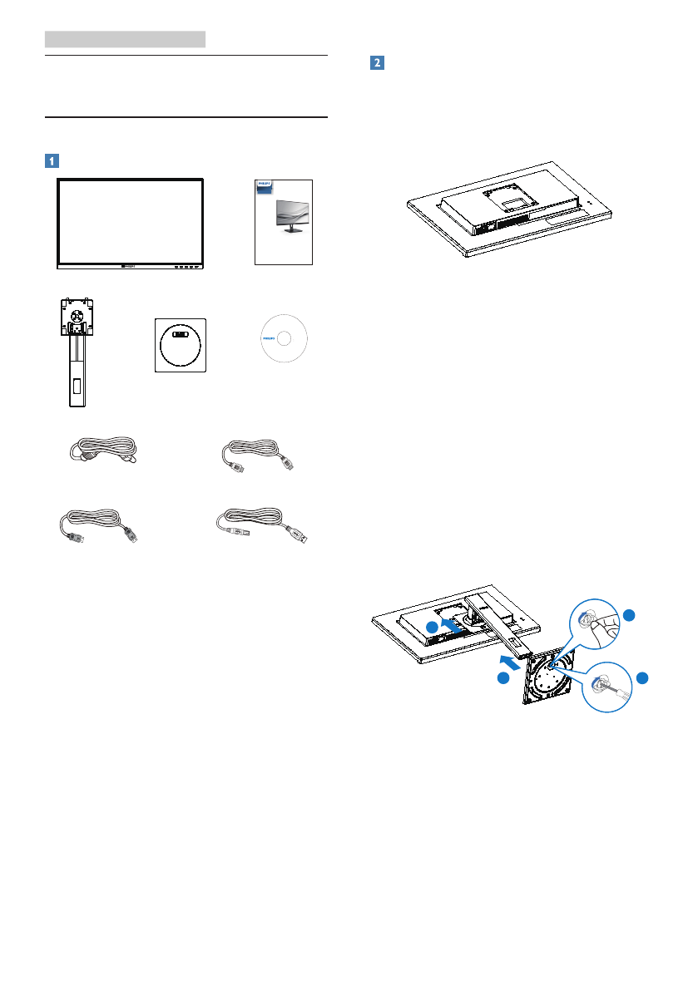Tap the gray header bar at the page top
click(x=125, y=38)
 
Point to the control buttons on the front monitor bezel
click(x=188, y=267)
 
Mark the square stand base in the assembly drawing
click(x=549, y=674)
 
